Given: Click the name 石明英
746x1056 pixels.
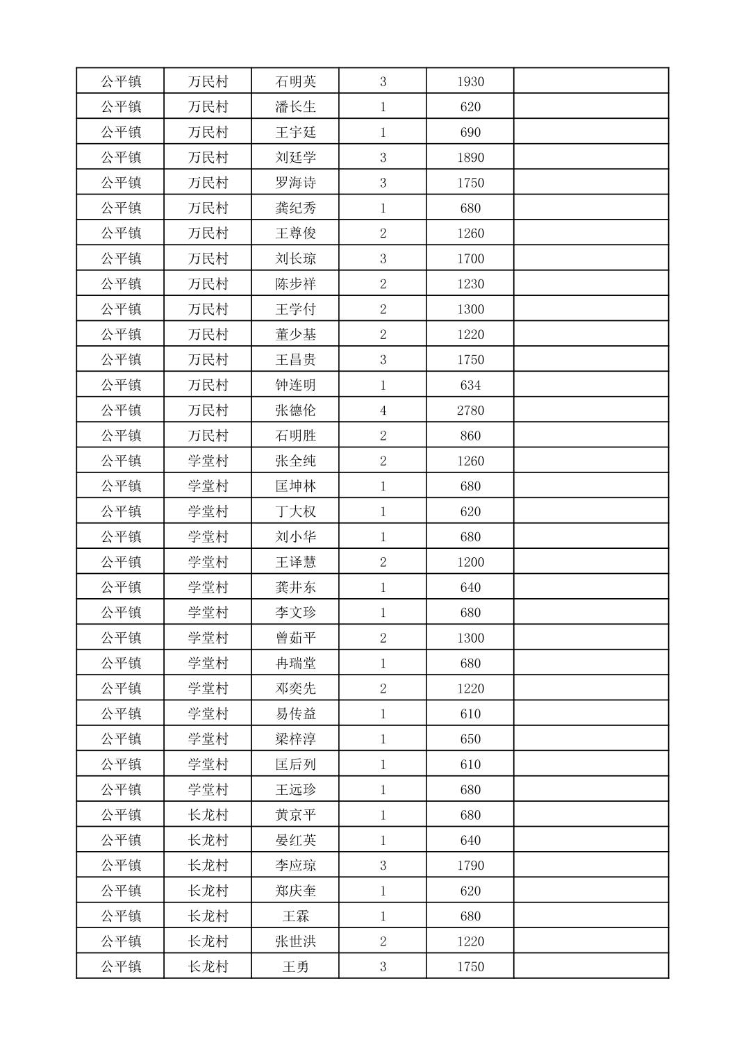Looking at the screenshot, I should (x=295, y=81).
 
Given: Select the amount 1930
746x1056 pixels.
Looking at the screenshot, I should (x=470, y=81).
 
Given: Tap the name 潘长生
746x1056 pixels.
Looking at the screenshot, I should (x=295, y=107).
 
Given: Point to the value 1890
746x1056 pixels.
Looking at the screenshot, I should (x=470, y=158).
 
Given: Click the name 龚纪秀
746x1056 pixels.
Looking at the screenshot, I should (x=295, y=208).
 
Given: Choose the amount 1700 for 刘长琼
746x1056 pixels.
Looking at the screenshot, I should (x=470, y=258).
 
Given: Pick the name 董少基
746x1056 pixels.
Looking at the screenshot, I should (x=295, y=334).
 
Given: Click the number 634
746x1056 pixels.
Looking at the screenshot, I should (x=470, y=385).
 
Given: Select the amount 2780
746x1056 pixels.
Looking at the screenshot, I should (x=470, y=410).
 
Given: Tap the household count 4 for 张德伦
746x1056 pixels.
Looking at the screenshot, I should (x=383, y=410).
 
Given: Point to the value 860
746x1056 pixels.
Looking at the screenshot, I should (x=470, y=436).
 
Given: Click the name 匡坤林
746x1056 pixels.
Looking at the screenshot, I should (x=295, y=486).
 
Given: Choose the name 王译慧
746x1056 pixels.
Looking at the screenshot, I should (x=295, y=562).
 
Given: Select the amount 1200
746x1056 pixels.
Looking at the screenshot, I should (x=470, y=562).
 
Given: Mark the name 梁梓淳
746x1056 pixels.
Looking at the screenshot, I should (x=295, y=739).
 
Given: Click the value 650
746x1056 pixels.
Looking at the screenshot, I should (x=470, y=739).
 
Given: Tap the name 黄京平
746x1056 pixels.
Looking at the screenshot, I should (x=295, y=815).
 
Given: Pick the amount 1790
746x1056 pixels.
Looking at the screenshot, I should (x=470, y=866).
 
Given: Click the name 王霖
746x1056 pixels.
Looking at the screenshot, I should (x=295, y=916).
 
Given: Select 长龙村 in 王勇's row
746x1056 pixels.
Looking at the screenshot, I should (x=208, y=966).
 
